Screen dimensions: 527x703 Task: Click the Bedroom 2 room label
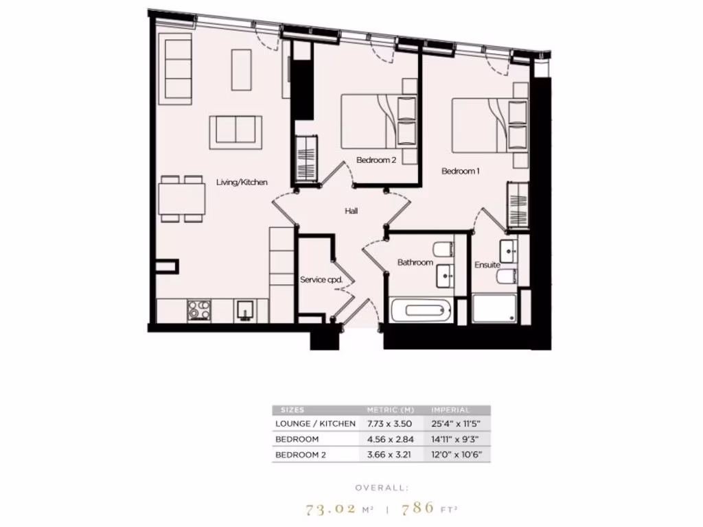pyautogui.click(x=376, y=161)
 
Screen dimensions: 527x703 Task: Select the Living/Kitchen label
pyautogui.click(x=242, y=183)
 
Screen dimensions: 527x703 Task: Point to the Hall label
pyautogui.click(x=351, y=211)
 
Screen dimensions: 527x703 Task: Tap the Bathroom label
pyautogui.click(x=415, y=263)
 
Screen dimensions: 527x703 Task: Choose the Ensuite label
pyautogui.click(x=487, y=265)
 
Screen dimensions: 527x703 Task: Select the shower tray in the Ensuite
pyautogui.click(x=494, y=309)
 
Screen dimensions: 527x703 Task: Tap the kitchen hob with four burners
pyautogui.click(x=199, y=310)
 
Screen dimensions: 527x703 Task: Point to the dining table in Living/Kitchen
pyautogui.click(x=182, y=199)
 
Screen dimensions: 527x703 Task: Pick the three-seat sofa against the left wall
pyautogui.click(x=176, y=70)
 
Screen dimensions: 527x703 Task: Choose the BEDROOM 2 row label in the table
pyautogui.click(x=301, y=455)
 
